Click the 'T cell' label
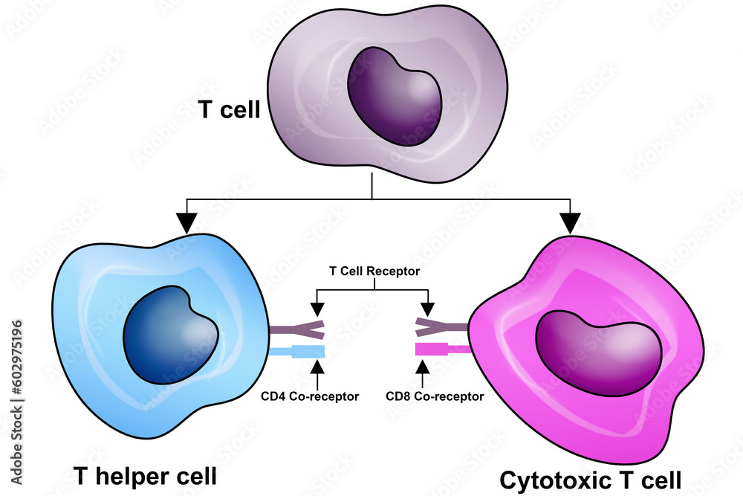(229, 111)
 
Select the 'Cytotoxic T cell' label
(590, 480)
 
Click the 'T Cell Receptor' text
(374, 271)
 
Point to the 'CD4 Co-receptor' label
(310, 396)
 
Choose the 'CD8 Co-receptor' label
(435, 396)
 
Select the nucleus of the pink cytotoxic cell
(599, 351)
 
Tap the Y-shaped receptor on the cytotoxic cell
(441, 324)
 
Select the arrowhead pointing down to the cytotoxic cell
(570, 222)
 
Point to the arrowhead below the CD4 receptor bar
(317, 366)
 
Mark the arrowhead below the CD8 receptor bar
(424, 366)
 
